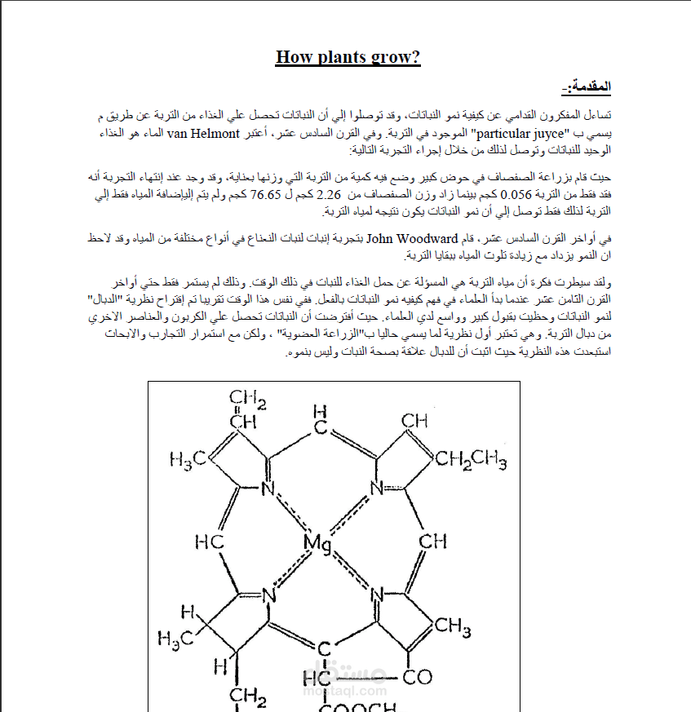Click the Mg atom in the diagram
[317, 542]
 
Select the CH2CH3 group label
[471, 459]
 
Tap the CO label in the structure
[419, 677]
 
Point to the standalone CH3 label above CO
[453, 626]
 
